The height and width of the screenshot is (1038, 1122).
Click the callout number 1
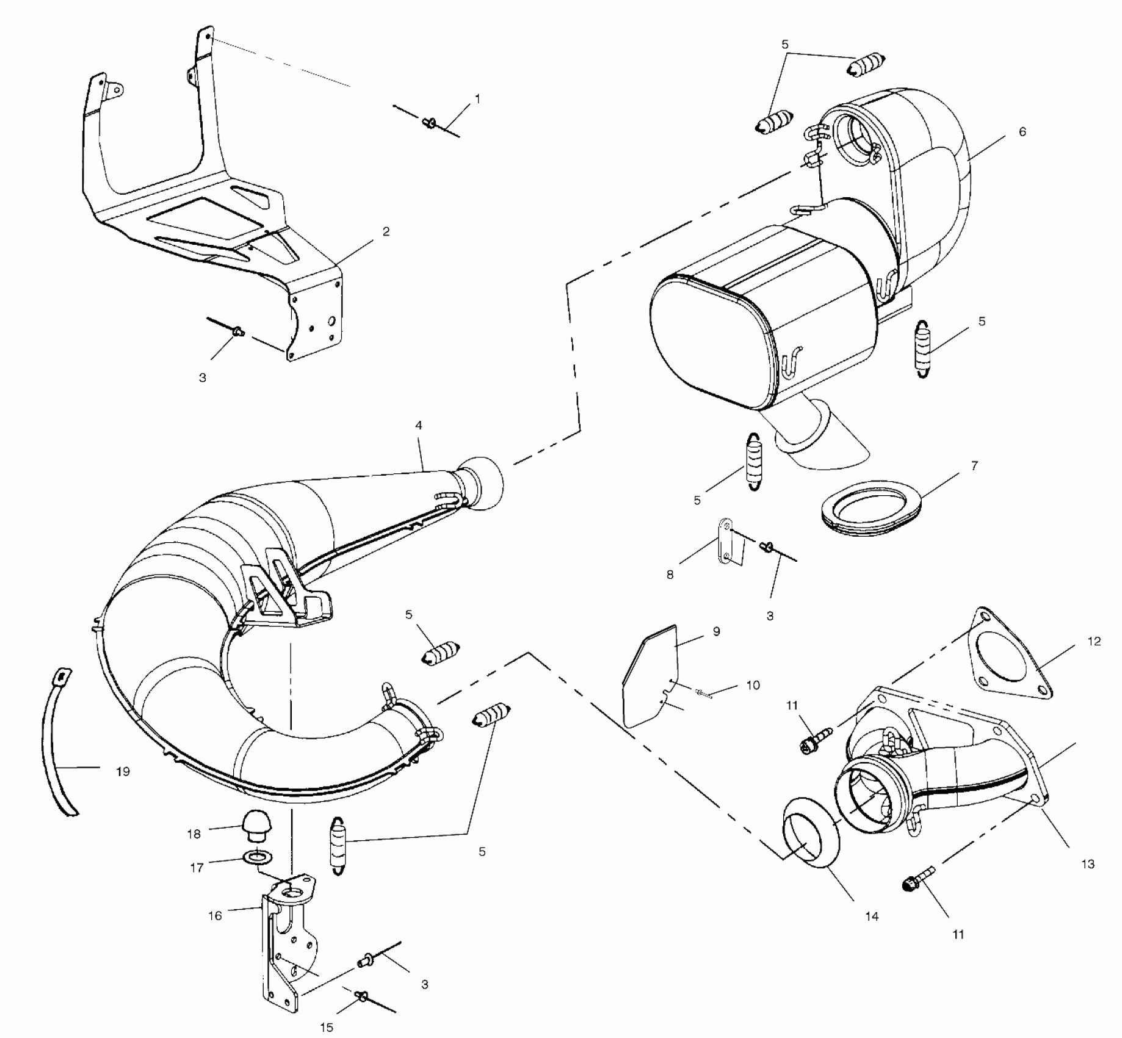pos(477,99)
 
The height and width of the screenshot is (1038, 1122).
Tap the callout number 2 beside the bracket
pos(386,231)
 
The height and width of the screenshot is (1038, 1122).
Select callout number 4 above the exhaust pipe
pos(419,426)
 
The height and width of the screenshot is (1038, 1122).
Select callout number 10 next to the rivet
pos(753,685)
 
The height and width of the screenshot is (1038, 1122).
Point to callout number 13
pos(1088,864)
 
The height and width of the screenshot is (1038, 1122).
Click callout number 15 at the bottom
pos(327,1028)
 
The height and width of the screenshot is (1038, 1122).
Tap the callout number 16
pos(215,916)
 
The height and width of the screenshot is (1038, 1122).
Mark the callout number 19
pos(123,772)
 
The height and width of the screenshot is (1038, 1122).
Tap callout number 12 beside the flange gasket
pos(1094,641)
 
